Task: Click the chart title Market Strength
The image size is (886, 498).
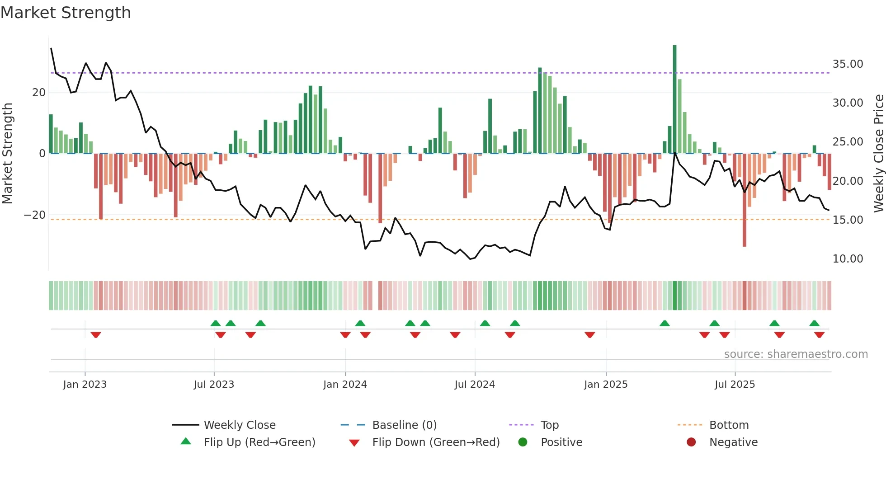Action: coord(66,13)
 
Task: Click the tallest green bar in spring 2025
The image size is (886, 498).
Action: coord(674,99)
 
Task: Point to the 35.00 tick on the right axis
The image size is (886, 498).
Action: coord(848,64)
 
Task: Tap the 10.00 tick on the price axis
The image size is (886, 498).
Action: coord(848,259)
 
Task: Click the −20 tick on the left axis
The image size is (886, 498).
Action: coord(35,215)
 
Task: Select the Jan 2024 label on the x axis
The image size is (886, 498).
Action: coord(345,385)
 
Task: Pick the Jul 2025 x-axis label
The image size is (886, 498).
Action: coord(735,385)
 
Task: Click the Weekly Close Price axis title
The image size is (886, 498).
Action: coord(878,154)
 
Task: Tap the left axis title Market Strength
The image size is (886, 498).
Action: coord(8,154)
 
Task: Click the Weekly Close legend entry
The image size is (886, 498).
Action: coord(239,425)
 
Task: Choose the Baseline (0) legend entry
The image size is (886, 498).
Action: coord(404,425)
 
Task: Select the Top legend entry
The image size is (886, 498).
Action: coord(549,425)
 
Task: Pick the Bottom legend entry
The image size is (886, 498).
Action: coord(729,425)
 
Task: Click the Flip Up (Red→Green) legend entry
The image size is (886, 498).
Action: coord(259,442)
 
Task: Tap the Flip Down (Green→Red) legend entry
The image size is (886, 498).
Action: coord(435,442)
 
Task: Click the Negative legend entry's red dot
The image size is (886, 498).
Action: coord(691,442)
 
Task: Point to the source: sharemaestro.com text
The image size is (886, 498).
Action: coord(796,354)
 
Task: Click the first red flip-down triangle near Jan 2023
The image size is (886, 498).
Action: coord(95,335)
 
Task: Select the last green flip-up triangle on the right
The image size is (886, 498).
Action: coord(814,323)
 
